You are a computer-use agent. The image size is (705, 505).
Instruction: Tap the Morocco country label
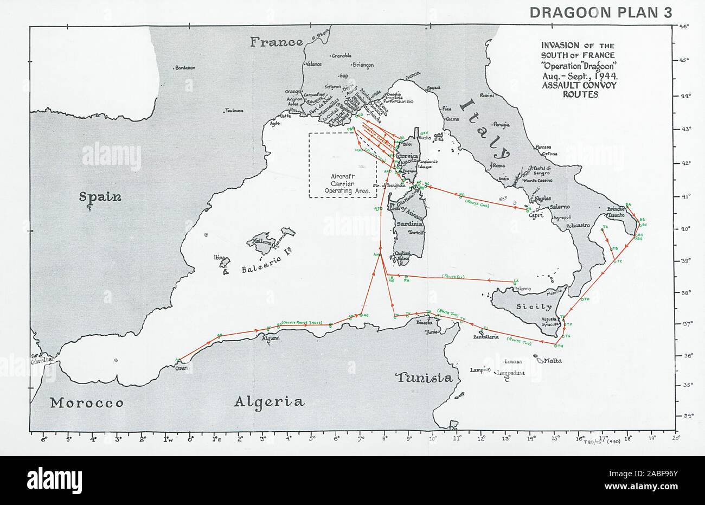pos(87,403)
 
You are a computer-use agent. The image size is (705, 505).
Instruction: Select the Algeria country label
pos(269,401)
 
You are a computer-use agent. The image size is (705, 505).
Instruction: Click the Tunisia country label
pos(424,378)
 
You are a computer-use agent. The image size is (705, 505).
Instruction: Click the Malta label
pos(550,360)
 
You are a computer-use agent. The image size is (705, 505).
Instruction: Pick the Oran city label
pos(180,367)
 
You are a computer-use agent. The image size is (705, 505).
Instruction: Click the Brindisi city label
pos(616,209)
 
